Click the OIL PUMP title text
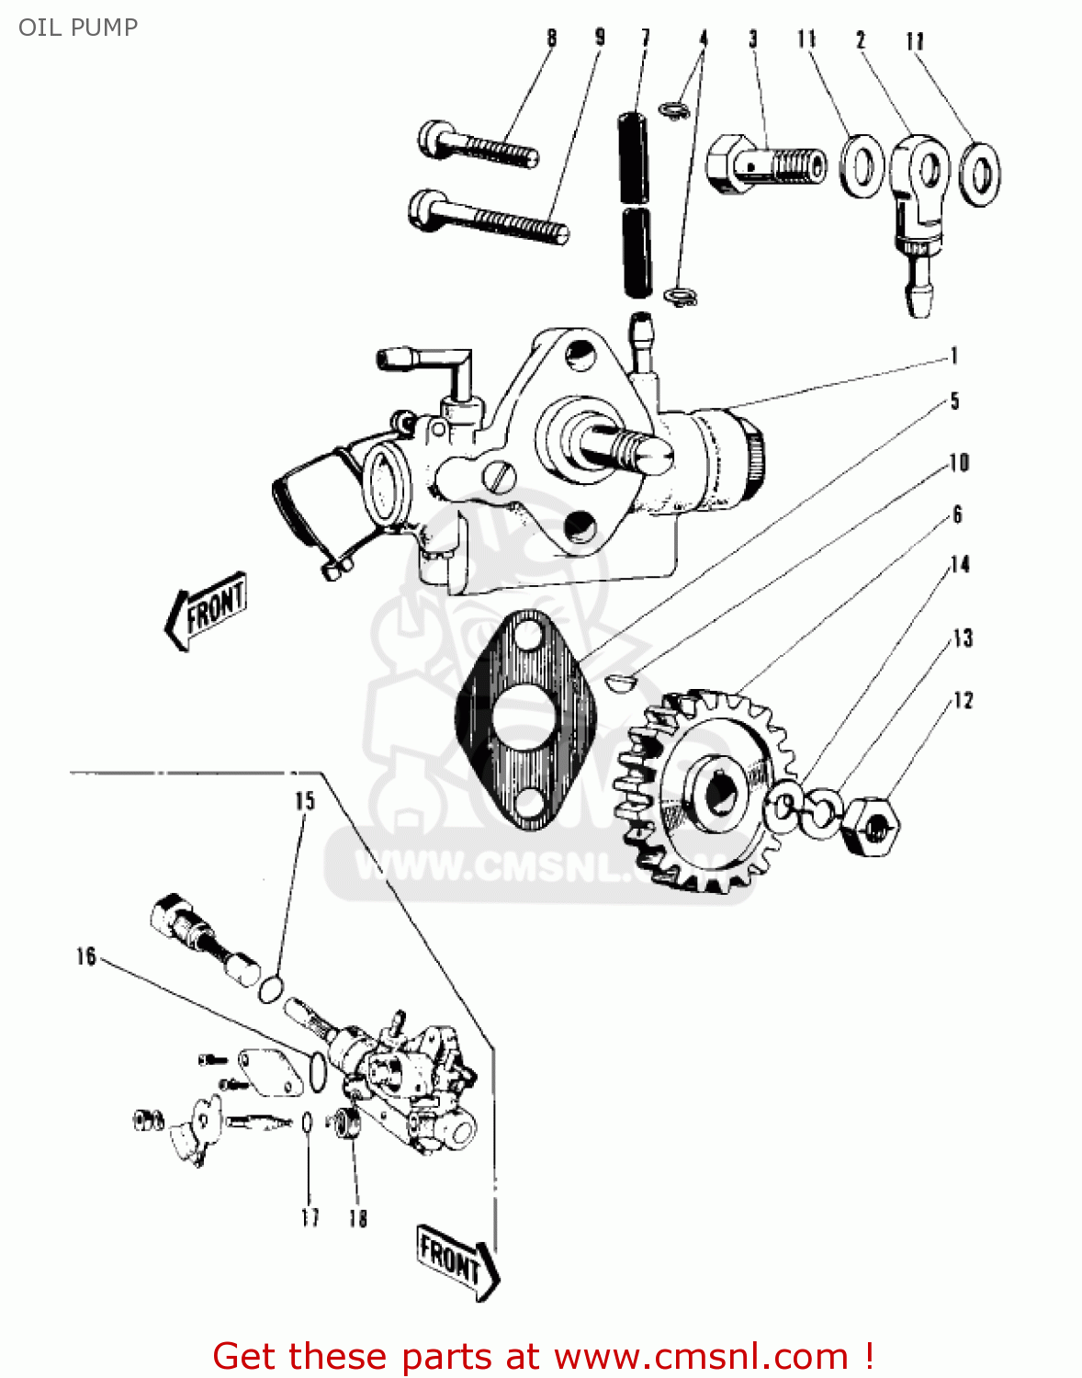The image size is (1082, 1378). pyautogui.click(x=78, y=28)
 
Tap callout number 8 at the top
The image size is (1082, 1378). pyautogui.click(x=551, y=39)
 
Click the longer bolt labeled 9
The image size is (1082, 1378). pyautogui.click(x=487, y=216)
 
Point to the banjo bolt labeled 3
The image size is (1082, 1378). pyautogui.click(x=764, y=165)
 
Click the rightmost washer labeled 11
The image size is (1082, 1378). pyautogui.click(x=980, y=173)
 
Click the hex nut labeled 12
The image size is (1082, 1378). pyautogui.click(x=870, y=826)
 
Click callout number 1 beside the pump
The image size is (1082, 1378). pyautogui.click(x=955, y=356)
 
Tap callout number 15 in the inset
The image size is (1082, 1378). pyautogui.click(x=305, y=801)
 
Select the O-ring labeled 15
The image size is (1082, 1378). pyautogui.click(x=270, y=989)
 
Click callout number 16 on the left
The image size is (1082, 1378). pyautogui.click(x=86, y=957)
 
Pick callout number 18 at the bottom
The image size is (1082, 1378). pyautogui.click(x=358, y=1218)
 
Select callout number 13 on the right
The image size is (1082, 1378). pyautogui.click(x=962, y=638)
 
